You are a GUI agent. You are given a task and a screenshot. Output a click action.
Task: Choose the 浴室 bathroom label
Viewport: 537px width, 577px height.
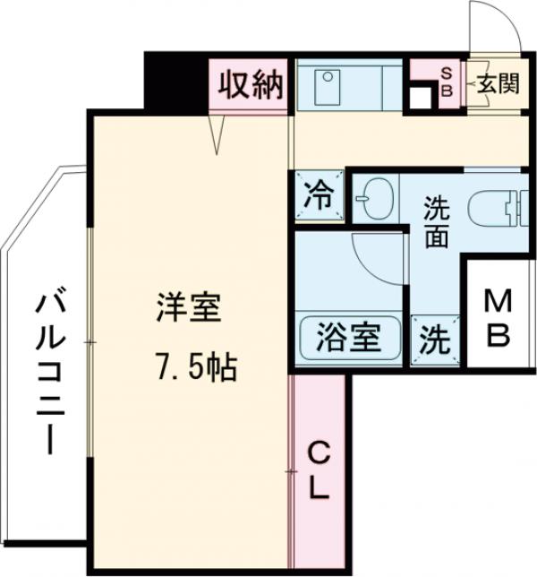[347, 339]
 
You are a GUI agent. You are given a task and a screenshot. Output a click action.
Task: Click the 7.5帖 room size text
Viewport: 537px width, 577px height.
[192, 365]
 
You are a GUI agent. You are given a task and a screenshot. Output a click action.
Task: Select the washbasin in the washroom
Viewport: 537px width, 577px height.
[375, 199]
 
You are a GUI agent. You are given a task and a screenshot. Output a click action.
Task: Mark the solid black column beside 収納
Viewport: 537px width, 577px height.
[177, 82]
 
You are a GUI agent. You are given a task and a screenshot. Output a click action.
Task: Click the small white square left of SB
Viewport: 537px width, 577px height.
[418, 96]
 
